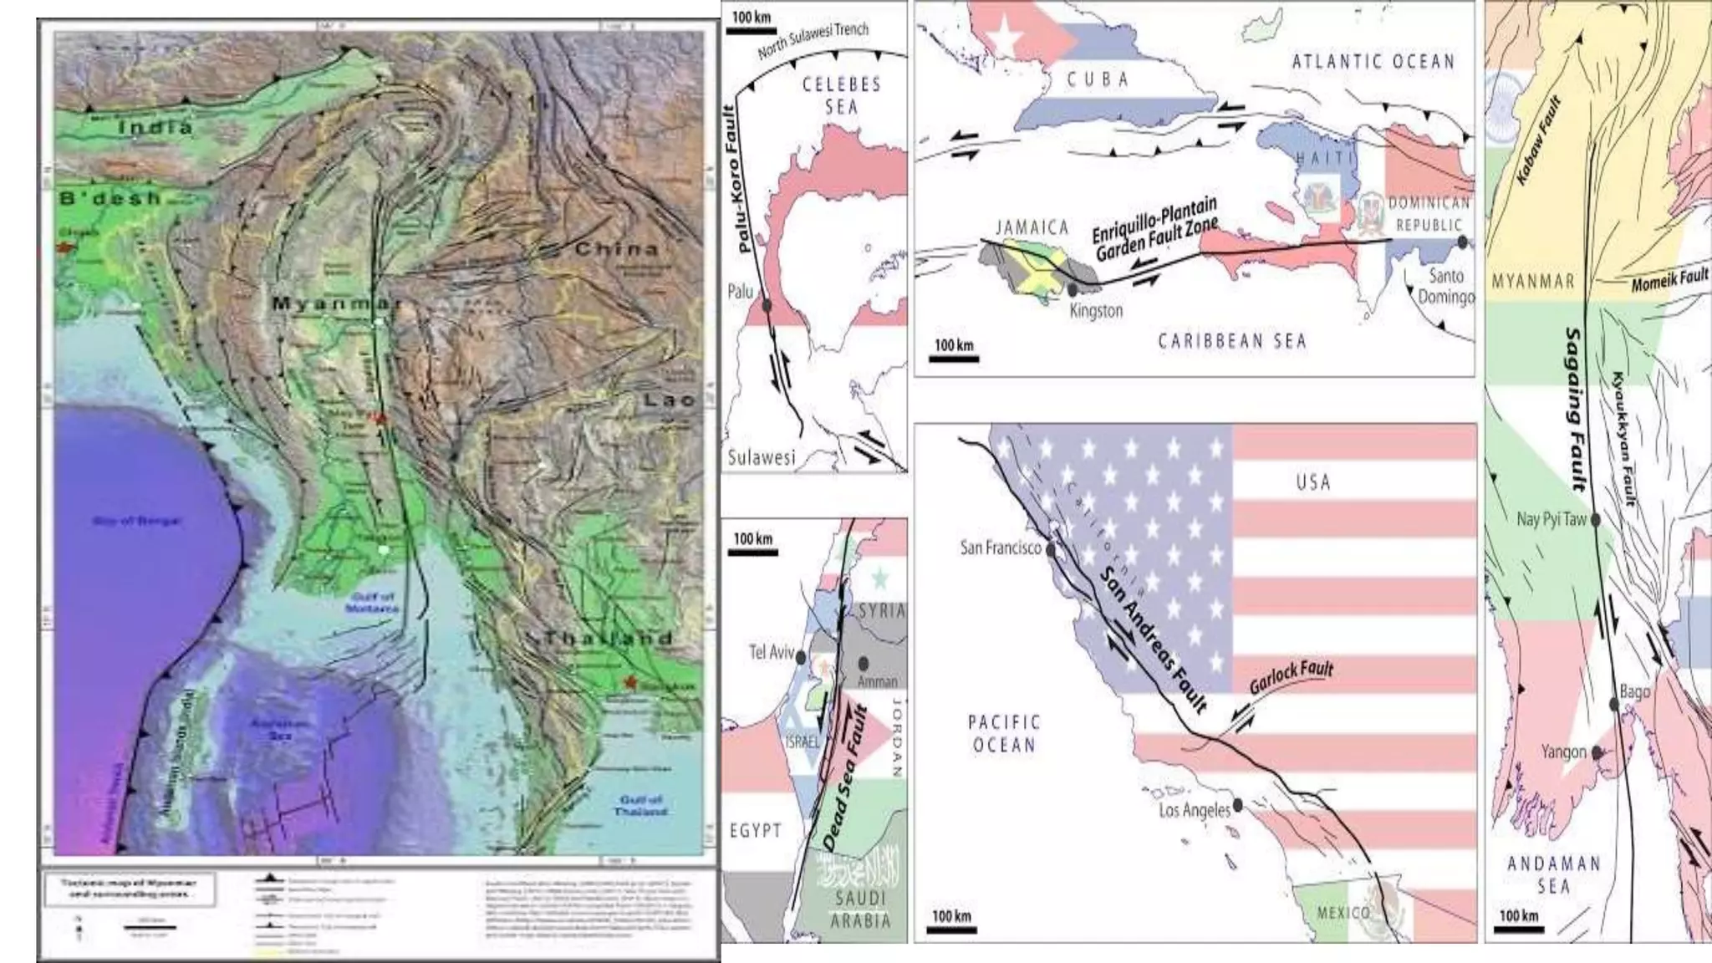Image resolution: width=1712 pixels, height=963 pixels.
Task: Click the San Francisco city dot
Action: (1051, 551)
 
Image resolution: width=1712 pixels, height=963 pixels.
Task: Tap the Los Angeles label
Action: (1195, 809)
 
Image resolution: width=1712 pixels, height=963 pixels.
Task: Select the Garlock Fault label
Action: (1291, 678)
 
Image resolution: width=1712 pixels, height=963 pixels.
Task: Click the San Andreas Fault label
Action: (1153, 640)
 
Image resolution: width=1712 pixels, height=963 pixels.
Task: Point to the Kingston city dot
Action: (1073, 290)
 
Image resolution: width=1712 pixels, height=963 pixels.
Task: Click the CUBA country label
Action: (1098, 79)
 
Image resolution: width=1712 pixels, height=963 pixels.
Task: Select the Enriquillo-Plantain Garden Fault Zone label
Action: (1155, 230)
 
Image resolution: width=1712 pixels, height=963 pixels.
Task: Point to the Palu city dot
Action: (767, 305)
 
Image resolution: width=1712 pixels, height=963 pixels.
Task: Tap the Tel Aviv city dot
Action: (801, 657)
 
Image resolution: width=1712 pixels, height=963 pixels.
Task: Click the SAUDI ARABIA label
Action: (860, 909)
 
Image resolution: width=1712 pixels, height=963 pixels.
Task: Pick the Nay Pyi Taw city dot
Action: (1595, 520)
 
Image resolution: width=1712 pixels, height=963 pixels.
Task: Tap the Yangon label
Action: (1563, 752)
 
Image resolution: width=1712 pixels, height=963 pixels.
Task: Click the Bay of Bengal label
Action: (136, 521)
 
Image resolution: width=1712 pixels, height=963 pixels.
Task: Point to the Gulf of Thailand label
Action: (641, 805)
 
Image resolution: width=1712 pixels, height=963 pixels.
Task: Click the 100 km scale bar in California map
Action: (953, 926)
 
